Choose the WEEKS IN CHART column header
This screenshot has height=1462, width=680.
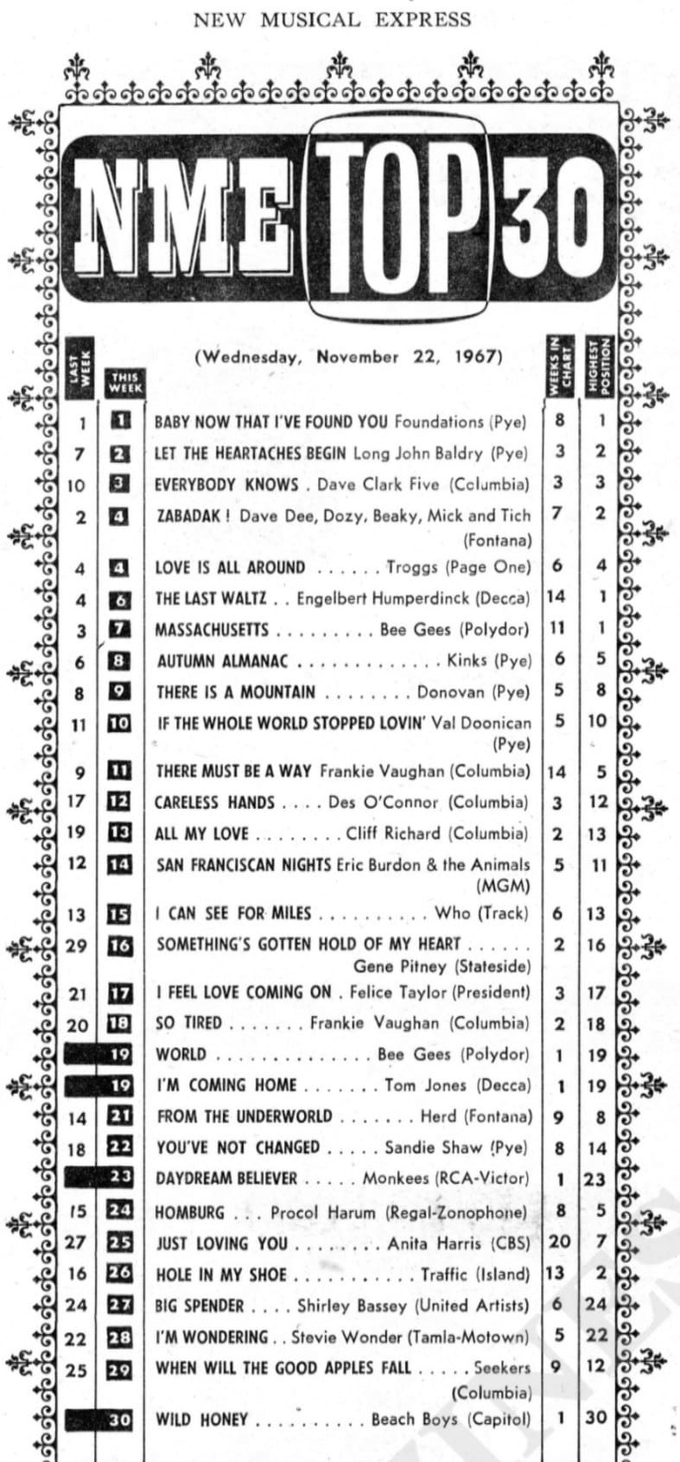coord(556,365)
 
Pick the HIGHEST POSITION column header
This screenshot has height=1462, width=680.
coord(599,365)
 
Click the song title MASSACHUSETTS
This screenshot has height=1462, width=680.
coord(212,630)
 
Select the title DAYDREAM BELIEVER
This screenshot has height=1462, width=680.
coord(226,1179)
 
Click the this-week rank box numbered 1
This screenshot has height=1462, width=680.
coord(121,421)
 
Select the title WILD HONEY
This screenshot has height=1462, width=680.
coord(201,1420)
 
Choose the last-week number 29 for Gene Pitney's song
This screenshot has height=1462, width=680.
coord(77,945)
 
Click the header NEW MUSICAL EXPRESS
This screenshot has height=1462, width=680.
coord(333,19)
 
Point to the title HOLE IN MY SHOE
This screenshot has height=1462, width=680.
coord(221,1274)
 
